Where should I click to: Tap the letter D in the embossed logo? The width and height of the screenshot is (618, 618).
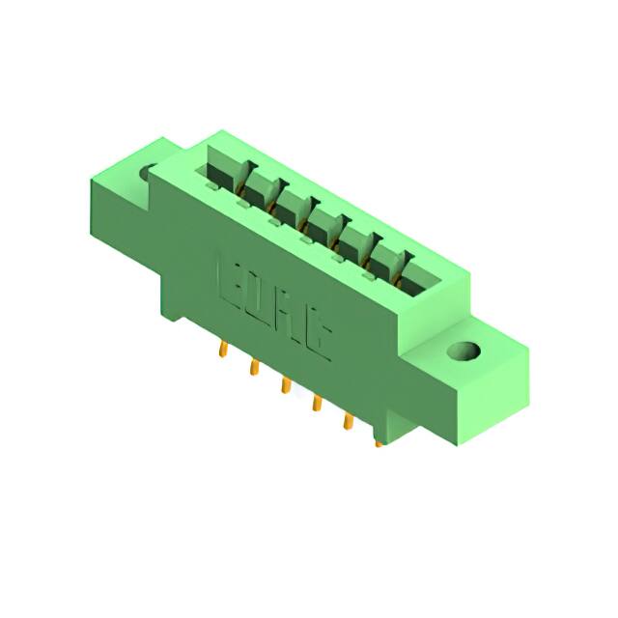(x=267, y=297)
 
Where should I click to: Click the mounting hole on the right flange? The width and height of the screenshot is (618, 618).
(x=467, y=351)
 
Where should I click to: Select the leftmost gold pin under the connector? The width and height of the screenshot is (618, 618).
(x=223, y=349)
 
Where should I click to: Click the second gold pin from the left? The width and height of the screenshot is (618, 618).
(x=254, y=368)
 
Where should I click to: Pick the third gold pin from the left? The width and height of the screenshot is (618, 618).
(x=285, y=385)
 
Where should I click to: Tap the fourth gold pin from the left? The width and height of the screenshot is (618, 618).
(x=315, y=405)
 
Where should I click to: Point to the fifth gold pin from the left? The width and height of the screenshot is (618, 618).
(x=346, y=422)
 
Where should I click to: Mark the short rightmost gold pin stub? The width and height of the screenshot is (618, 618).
(x=379, y=443)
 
